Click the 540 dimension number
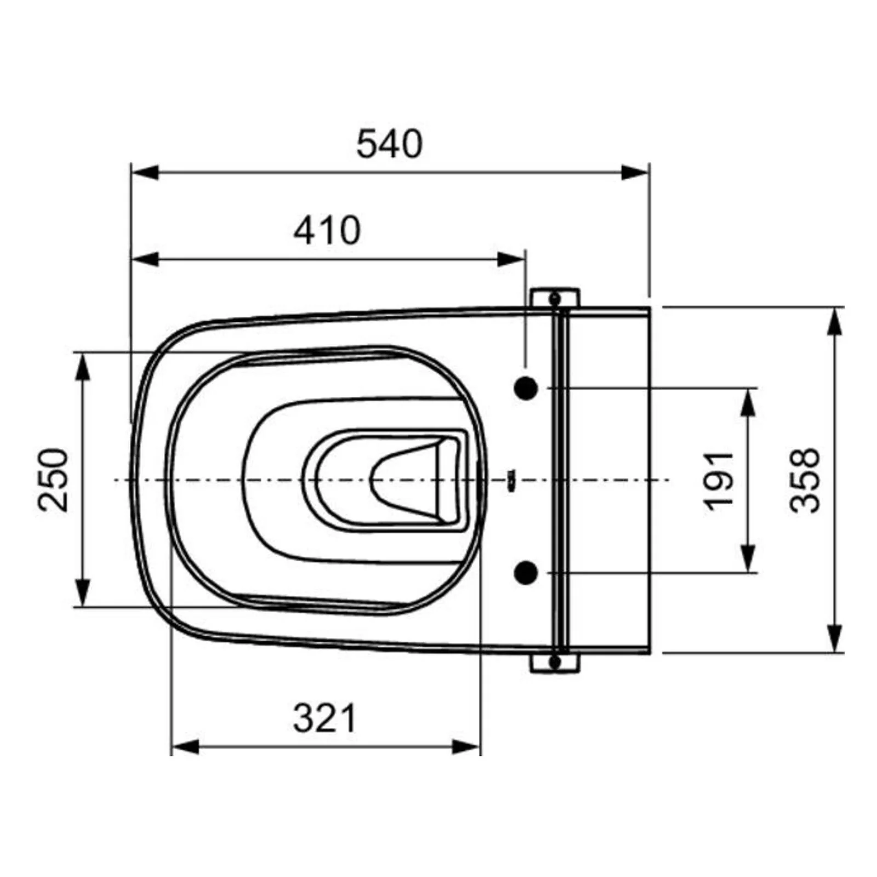(x=389, y=144)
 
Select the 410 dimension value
(x=327, y=230)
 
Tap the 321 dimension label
(x=324, y=718)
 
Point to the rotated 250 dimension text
(x=54, y=480)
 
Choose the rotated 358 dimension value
(x=805, y=480)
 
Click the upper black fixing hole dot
(x=526, y=388)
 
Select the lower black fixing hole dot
(x=526, y=573)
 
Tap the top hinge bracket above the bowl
(x=555, y=298)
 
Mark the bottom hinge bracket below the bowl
(x=555, y=663)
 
